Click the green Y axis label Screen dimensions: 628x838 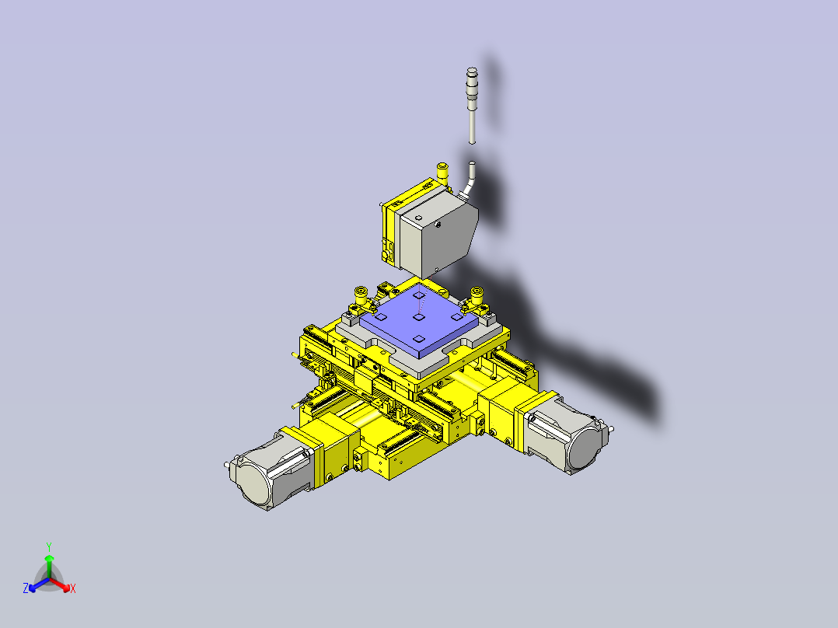(x=48, y=546)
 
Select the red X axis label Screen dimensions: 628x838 (x=72, y=589)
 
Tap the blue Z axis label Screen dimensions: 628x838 (x=26, y=589)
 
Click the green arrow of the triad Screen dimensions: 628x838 (x=49, y=563)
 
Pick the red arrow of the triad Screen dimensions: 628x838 (x=61, y=584)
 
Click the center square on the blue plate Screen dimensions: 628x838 (x=417, y=317)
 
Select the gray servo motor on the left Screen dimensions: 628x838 (x=268, y=472)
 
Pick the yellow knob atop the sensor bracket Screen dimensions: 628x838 (x=442, y=169)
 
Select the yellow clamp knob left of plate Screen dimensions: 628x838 (x=361, y=295)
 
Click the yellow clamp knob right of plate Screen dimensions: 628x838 (x=477, y=295)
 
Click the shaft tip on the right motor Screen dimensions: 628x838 (x=614, y=427)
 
